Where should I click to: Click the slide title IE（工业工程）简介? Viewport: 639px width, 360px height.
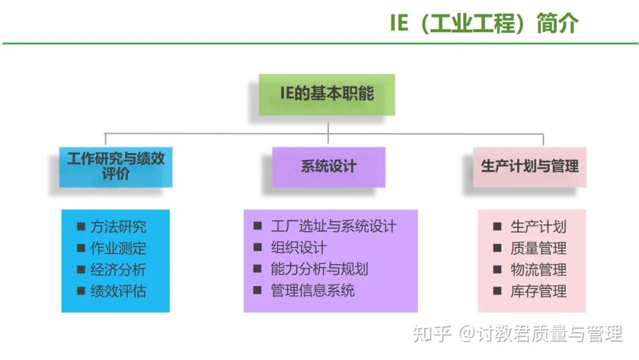(483, 24)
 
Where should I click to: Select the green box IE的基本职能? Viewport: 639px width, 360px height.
(327, 94)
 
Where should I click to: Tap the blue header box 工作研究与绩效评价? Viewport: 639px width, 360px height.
(116, 166)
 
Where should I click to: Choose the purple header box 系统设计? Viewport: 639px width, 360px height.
(328, 166)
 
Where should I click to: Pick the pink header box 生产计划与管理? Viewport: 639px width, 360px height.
(530, 166)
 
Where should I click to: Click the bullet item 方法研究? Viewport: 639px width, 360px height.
(118, 227)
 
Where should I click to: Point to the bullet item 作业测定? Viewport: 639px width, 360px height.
(118, 248)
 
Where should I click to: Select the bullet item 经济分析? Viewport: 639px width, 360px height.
(118, 269)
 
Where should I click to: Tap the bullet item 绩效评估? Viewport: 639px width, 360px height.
(118, 291)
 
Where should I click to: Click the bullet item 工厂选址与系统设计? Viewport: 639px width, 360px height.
(333, 226)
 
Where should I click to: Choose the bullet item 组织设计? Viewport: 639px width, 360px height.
(298, 247)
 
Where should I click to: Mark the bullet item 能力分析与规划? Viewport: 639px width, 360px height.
(319, 269)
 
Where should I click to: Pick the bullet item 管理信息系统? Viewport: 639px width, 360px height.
(312, 290)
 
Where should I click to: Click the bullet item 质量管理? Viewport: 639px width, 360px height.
(538, 248)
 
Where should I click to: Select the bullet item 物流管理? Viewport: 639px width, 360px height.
(538, 269)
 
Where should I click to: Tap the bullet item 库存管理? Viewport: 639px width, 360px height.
(538, 291)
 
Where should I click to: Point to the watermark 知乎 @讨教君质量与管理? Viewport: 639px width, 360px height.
(517, 334)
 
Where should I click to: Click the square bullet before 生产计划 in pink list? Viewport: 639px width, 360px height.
(498, 226)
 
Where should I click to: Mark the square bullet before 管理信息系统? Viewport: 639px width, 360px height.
(257, 290)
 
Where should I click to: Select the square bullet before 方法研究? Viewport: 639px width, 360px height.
(80, 226)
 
